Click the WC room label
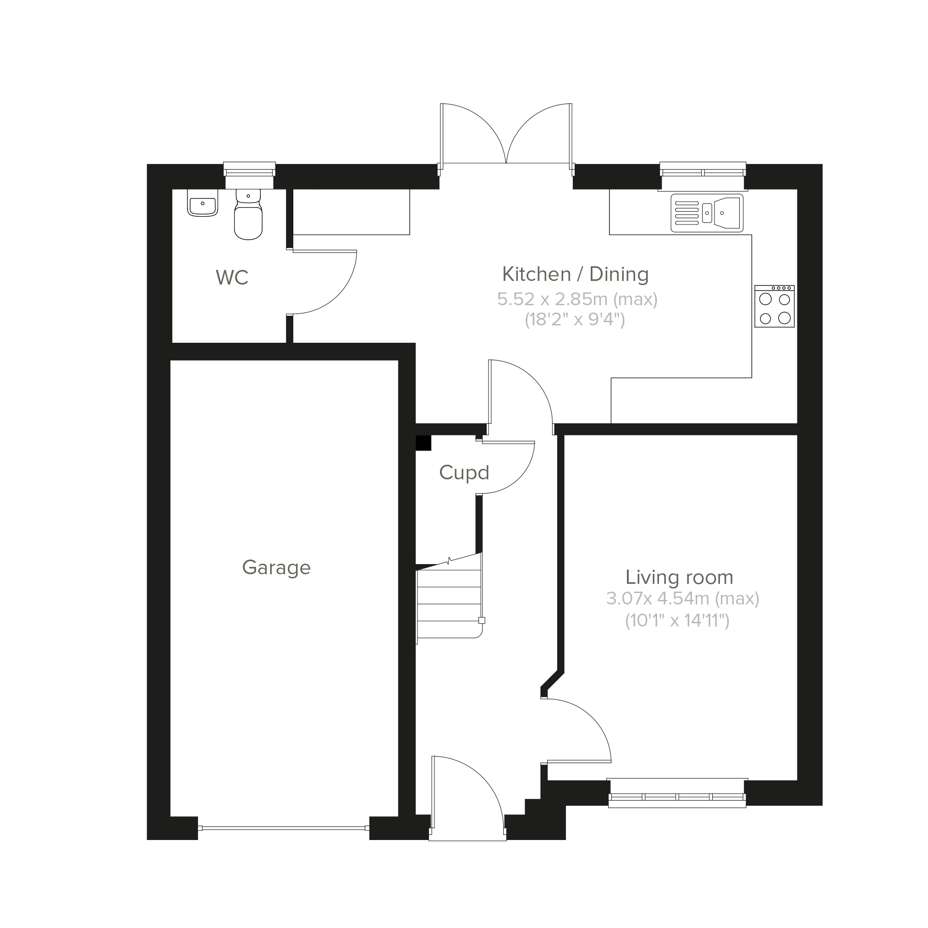[232, 278]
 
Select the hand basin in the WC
[202, 203]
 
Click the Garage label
[276, 568]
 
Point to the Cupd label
[464, 472]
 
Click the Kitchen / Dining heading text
[576, 274]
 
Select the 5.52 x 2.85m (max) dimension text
[577, 299]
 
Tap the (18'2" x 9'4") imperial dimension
[575, 319]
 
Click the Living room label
[679, 577]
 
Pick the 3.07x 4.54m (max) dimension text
[682, 599]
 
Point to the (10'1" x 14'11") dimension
[677, 620]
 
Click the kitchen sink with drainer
[707, 213]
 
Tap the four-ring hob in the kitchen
[774, 307]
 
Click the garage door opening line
[283, 828]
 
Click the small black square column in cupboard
[423, 443]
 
